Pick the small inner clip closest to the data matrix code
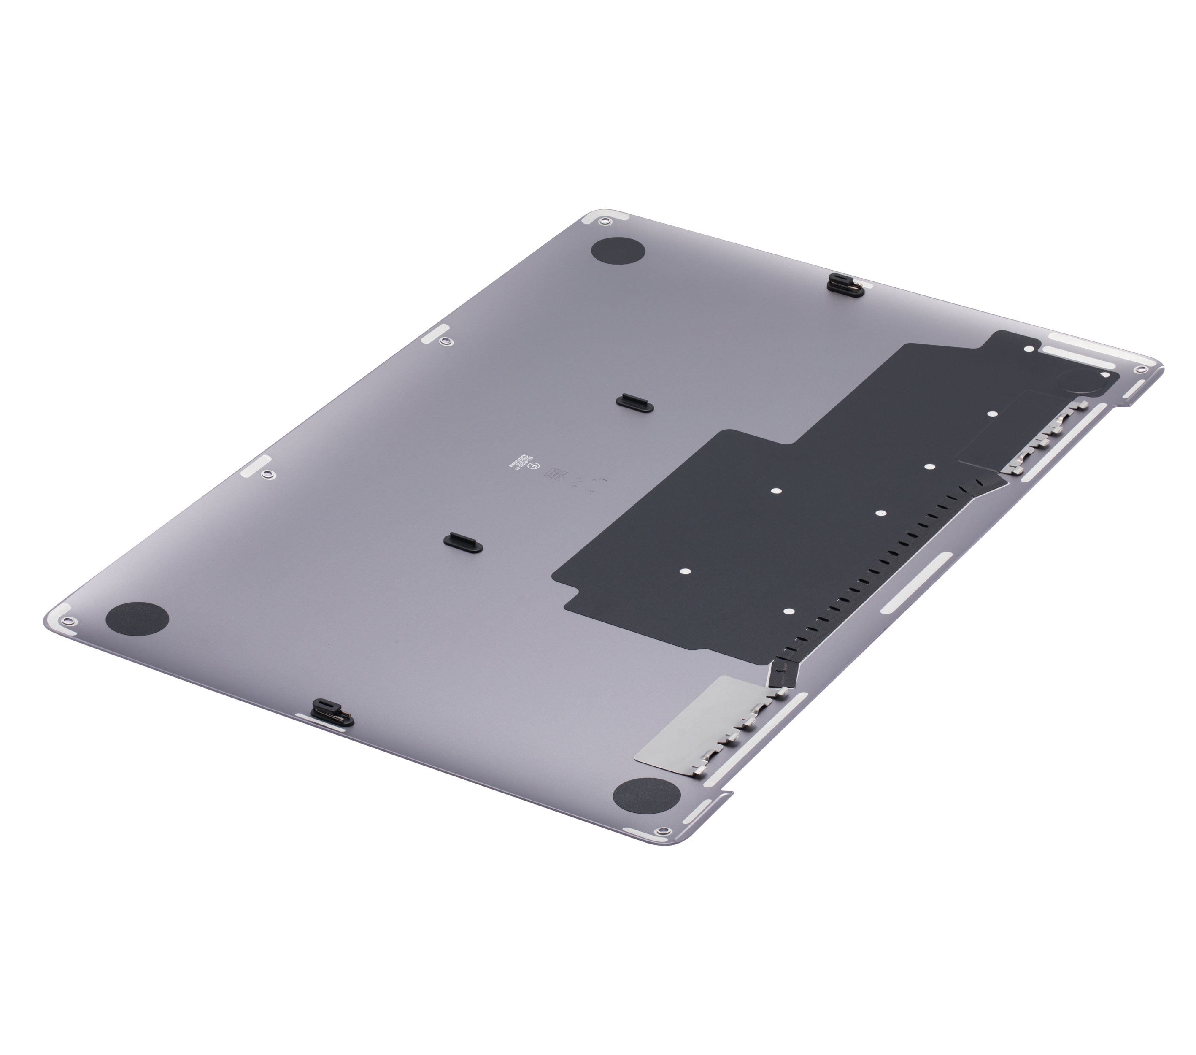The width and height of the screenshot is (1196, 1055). click(x=634, y=401)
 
